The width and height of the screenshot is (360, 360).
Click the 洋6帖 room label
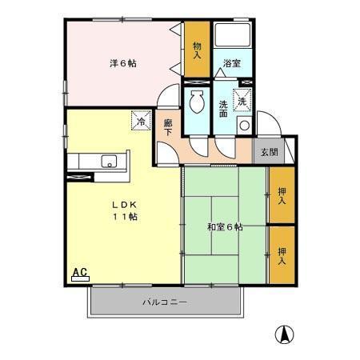pos(123,63)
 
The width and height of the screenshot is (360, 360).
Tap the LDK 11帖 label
pos(123,210)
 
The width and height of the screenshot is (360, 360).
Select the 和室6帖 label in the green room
pos(224,226)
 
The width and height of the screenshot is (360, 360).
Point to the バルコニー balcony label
pos(165,302)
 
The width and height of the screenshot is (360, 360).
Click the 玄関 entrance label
pos(268,152)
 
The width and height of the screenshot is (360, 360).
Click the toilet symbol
pos(197,102)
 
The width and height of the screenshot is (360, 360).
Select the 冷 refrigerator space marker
pos(142,122)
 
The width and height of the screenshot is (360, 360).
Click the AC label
pos(80,273)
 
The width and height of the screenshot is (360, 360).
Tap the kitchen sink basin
pos(108,162)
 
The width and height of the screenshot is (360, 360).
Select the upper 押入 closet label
pos(282,195)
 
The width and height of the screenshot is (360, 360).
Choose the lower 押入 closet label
pos(282,254)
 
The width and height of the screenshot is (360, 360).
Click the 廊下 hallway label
pos(168,129)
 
